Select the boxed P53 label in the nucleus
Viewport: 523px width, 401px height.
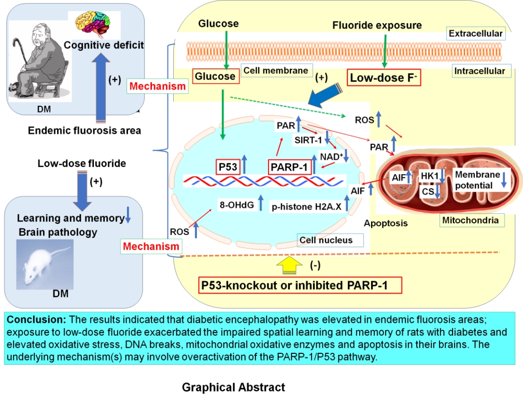228,167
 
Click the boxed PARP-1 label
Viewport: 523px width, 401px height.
289,167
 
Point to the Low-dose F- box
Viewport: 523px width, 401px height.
384,77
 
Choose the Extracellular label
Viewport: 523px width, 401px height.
475,34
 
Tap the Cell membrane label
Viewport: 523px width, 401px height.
276,71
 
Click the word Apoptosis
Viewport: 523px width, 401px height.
386,223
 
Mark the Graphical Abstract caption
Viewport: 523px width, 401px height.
234,388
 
